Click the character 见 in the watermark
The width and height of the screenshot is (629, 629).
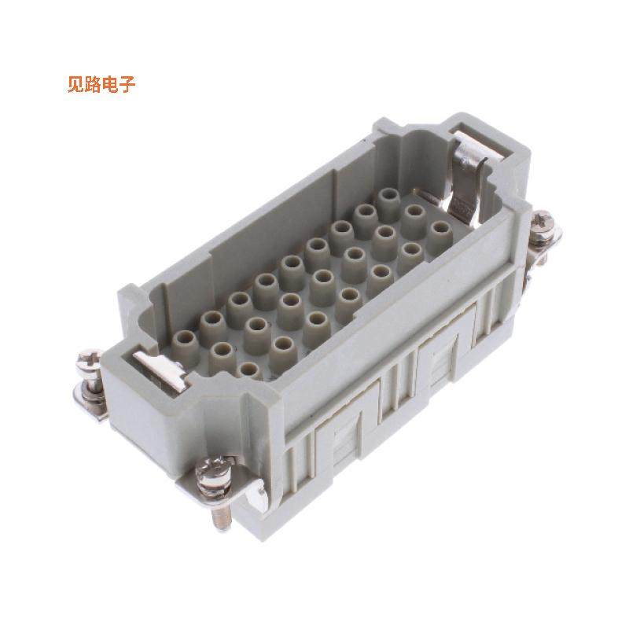click(x=76, y=84)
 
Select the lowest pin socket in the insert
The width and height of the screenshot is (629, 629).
click(x=248, y=370)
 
